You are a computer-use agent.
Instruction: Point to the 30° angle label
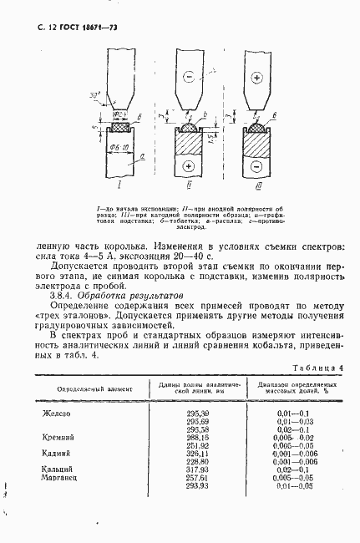pos(94,96)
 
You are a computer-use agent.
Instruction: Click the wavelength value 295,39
pos(197,414)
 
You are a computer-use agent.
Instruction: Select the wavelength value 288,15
pos(197,437)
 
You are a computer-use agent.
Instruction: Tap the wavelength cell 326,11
pos(197,453)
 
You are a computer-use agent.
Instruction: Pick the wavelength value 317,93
pos(197,469)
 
